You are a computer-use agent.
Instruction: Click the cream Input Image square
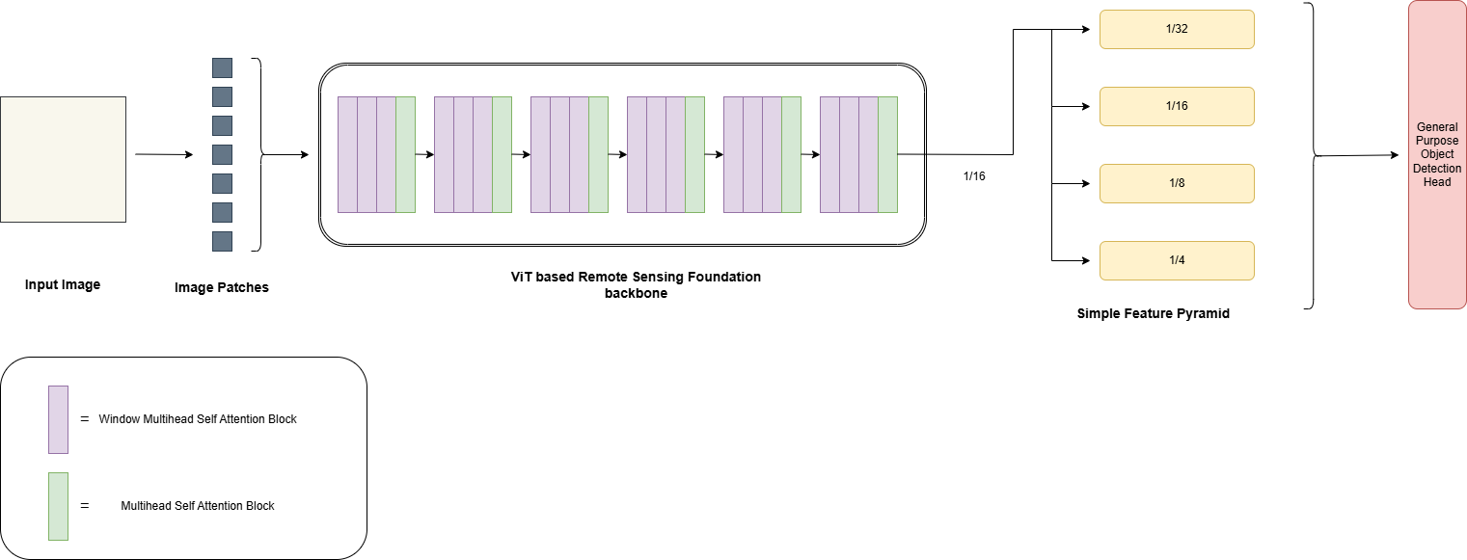64,159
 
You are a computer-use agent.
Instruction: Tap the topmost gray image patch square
222,68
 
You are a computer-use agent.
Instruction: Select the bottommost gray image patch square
222,241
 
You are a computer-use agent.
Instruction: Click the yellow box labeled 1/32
1177,29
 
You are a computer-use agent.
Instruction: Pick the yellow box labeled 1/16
1177,106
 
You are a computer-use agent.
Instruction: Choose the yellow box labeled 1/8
1177,183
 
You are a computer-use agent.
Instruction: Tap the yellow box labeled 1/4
1177,260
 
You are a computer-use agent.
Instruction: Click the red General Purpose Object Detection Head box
1437,154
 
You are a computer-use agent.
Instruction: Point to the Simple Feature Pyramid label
1153,314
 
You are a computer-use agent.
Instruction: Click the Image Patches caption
222,287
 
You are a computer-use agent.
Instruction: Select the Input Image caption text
63,284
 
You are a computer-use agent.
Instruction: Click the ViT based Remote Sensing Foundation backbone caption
636,285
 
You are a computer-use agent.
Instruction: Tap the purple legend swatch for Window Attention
58,419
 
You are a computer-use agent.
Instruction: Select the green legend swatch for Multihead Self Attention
58,506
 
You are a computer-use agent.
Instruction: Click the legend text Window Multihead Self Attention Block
198,419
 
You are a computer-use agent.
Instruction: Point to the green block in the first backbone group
405,154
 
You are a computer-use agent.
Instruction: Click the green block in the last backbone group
887,154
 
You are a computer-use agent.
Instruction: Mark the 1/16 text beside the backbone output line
974,176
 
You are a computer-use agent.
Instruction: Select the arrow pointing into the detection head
1360,155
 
